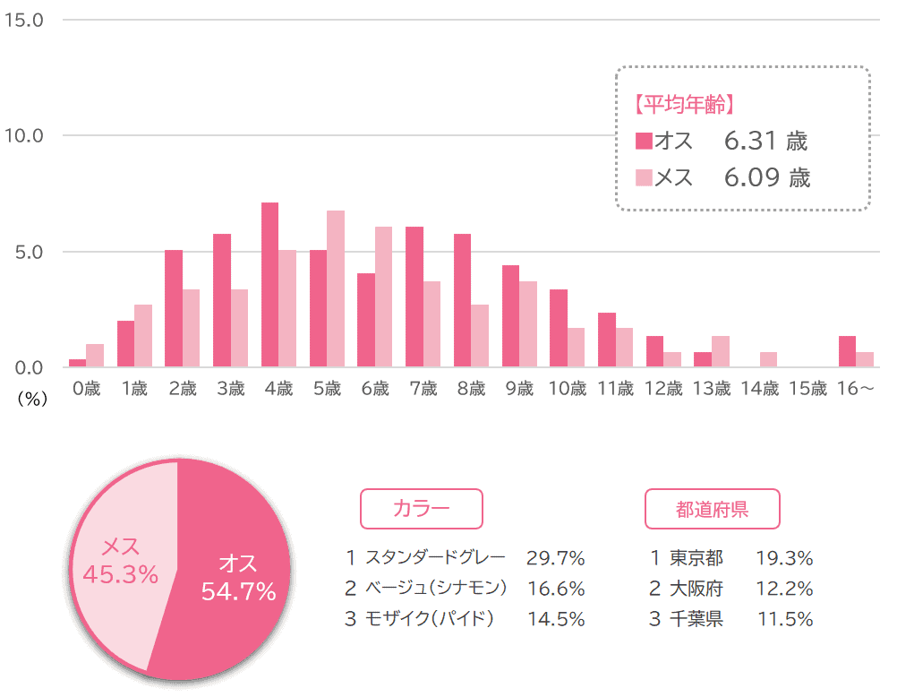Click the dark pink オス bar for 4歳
click(x=269, y=285)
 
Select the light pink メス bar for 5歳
click(x=336, y=288)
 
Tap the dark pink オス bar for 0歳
click(x=78, y=363)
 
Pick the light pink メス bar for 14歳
click(x=768, y=359)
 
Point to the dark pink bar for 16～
click(x=847, y=351)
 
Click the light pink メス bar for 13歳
click(x=720, y=351)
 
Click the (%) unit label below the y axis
click(x=31, y=400)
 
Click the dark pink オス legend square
click(x=644, y=142)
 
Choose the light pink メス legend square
click(x=644, y=178)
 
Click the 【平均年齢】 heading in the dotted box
click(x=684, y=106)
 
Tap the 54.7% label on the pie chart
click(x=238, y=592)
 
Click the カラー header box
click(x=421, y=509)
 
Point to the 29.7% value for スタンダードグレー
click(x=555, y=559)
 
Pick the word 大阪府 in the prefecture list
click(x=696, y=589)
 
